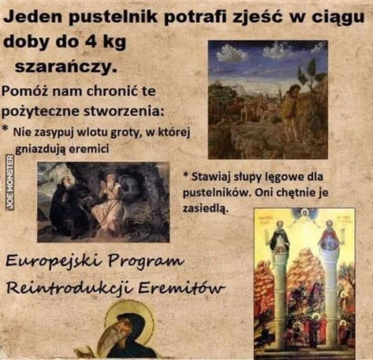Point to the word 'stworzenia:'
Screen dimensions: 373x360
point(124,111)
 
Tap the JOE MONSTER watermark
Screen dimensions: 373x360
point(10,182)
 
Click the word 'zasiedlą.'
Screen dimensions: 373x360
point(206,208)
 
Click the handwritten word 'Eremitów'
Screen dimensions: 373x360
point(181,288)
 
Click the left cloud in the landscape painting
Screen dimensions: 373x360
point(232,54)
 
